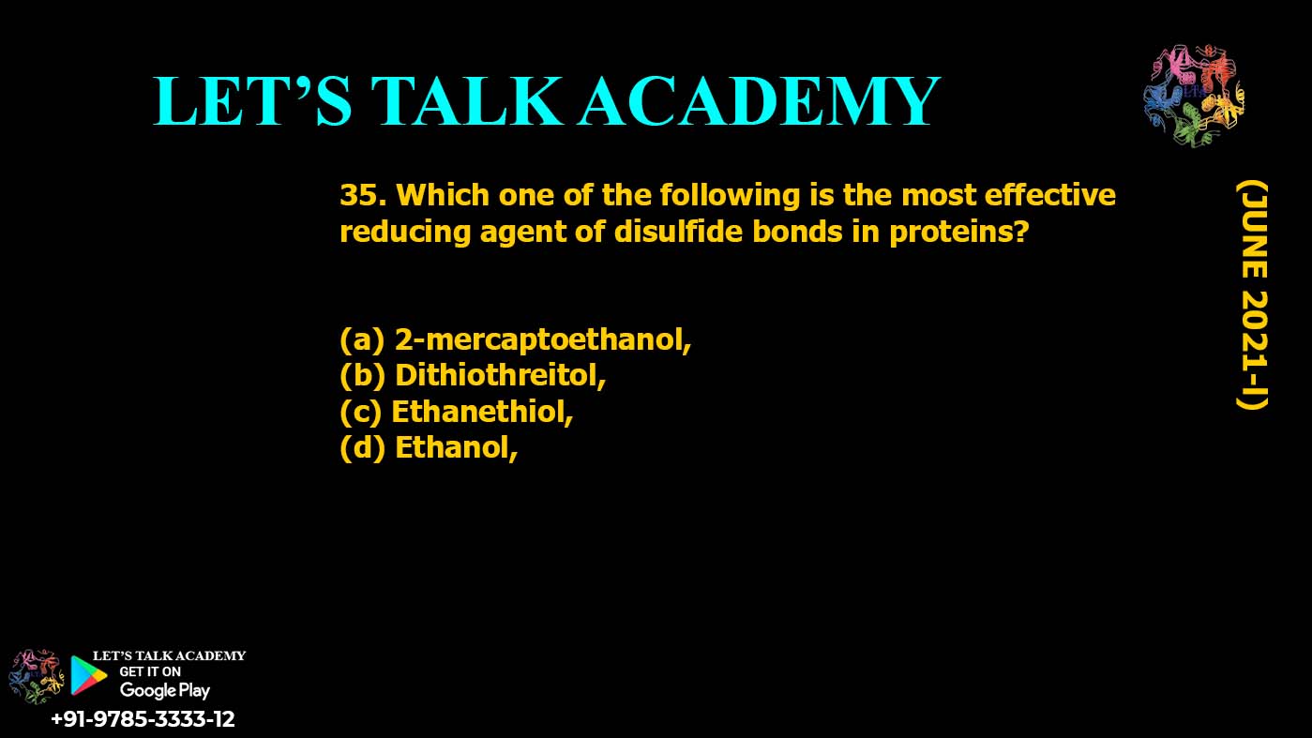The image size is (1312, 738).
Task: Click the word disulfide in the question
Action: click(x=678, y=232)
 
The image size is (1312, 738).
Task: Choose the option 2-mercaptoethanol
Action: click(x=543, y=339)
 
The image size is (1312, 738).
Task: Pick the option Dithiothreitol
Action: click(x=500, y=375)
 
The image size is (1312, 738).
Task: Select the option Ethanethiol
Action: click(x=482, y=412)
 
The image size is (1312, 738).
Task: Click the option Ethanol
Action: click(x=457, y=448)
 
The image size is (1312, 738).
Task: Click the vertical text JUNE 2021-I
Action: click(x=1253, y=294)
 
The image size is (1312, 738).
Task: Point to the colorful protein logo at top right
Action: click(x=1194, y=96)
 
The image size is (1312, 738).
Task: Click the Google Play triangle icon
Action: click(x=88, y=675)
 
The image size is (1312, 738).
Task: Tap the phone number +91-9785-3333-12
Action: click(x=143, y=718)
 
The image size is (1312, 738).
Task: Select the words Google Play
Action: click(x=164, y=691)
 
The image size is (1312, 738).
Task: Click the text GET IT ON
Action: click(x=150, y=671)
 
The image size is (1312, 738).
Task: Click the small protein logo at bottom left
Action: click(x=36, y=676)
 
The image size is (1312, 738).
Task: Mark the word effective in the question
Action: click(x=1049, y=195)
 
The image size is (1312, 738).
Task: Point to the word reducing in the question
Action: click(x=405, y=233)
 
